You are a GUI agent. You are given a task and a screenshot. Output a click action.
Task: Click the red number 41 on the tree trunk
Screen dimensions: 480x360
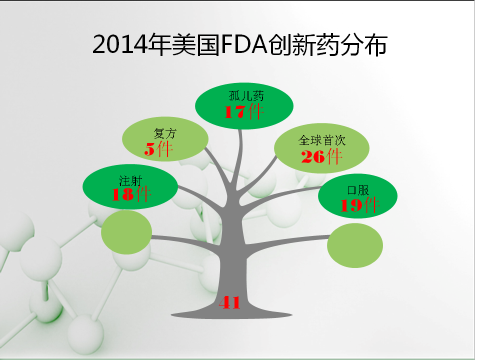229,302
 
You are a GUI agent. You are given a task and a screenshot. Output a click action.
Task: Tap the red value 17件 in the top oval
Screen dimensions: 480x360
244,111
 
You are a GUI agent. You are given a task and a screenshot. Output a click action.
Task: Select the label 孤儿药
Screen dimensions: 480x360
246,96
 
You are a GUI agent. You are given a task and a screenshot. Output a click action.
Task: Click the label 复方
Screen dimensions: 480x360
165,133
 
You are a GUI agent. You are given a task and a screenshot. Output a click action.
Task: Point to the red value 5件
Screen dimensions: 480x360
158,149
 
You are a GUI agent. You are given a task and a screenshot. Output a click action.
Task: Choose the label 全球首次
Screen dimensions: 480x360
322,140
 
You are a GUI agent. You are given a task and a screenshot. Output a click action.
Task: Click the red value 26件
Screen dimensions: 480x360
321,156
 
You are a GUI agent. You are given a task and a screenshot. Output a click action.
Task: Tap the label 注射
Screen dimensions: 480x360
130,181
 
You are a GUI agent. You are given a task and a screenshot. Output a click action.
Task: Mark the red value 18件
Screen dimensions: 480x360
131,194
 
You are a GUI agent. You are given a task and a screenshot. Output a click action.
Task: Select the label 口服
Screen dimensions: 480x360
358,190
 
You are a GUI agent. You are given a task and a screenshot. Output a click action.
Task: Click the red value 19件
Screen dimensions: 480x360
360,205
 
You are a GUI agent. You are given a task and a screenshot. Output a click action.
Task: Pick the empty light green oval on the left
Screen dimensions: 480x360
126,232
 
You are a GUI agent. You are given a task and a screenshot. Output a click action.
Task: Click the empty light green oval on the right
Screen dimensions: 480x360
355,245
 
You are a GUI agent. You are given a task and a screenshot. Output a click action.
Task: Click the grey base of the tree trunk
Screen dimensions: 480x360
231,314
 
